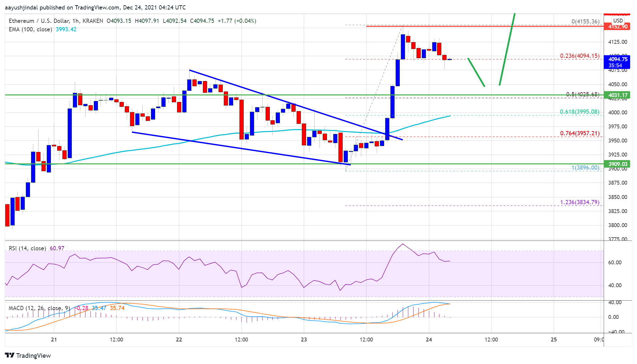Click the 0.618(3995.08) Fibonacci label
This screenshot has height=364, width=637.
[x=580, y=112]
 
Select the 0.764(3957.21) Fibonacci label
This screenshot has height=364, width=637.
[x=580, y=133]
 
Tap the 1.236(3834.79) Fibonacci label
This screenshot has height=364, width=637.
[x=580, y=202]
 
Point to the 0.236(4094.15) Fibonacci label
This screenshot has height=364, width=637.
[x=580, y=56]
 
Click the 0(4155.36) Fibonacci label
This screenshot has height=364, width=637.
[x=585, y=22]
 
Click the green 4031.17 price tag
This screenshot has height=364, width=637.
[x=617, y=95]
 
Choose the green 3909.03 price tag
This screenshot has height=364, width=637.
[x=617, y=164]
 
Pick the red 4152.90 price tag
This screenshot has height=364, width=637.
[x=617, y=27]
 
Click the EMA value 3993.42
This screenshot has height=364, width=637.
[x=66, y=29]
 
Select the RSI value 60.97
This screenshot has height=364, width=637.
[x=57, y=248]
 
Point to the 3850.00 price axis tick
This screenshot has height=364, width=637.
[x=617, y=197]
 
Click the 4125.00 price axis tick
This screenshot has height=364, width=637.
[x=617, y=42]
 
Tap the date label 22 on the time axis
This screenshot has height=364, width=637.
[x=179, y=339]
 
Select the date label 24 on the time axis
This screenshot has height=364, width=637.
[x=429, y=339]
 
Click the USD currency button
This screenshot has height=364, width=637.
[x=618, y=21]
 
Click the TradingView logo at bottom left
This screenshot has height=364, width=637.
[x=28, y=356]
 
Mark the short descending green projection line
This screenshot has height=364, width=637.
[x=476, y=72]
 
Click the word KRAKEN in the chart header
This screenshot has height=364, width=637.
[x=93, y=21]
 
